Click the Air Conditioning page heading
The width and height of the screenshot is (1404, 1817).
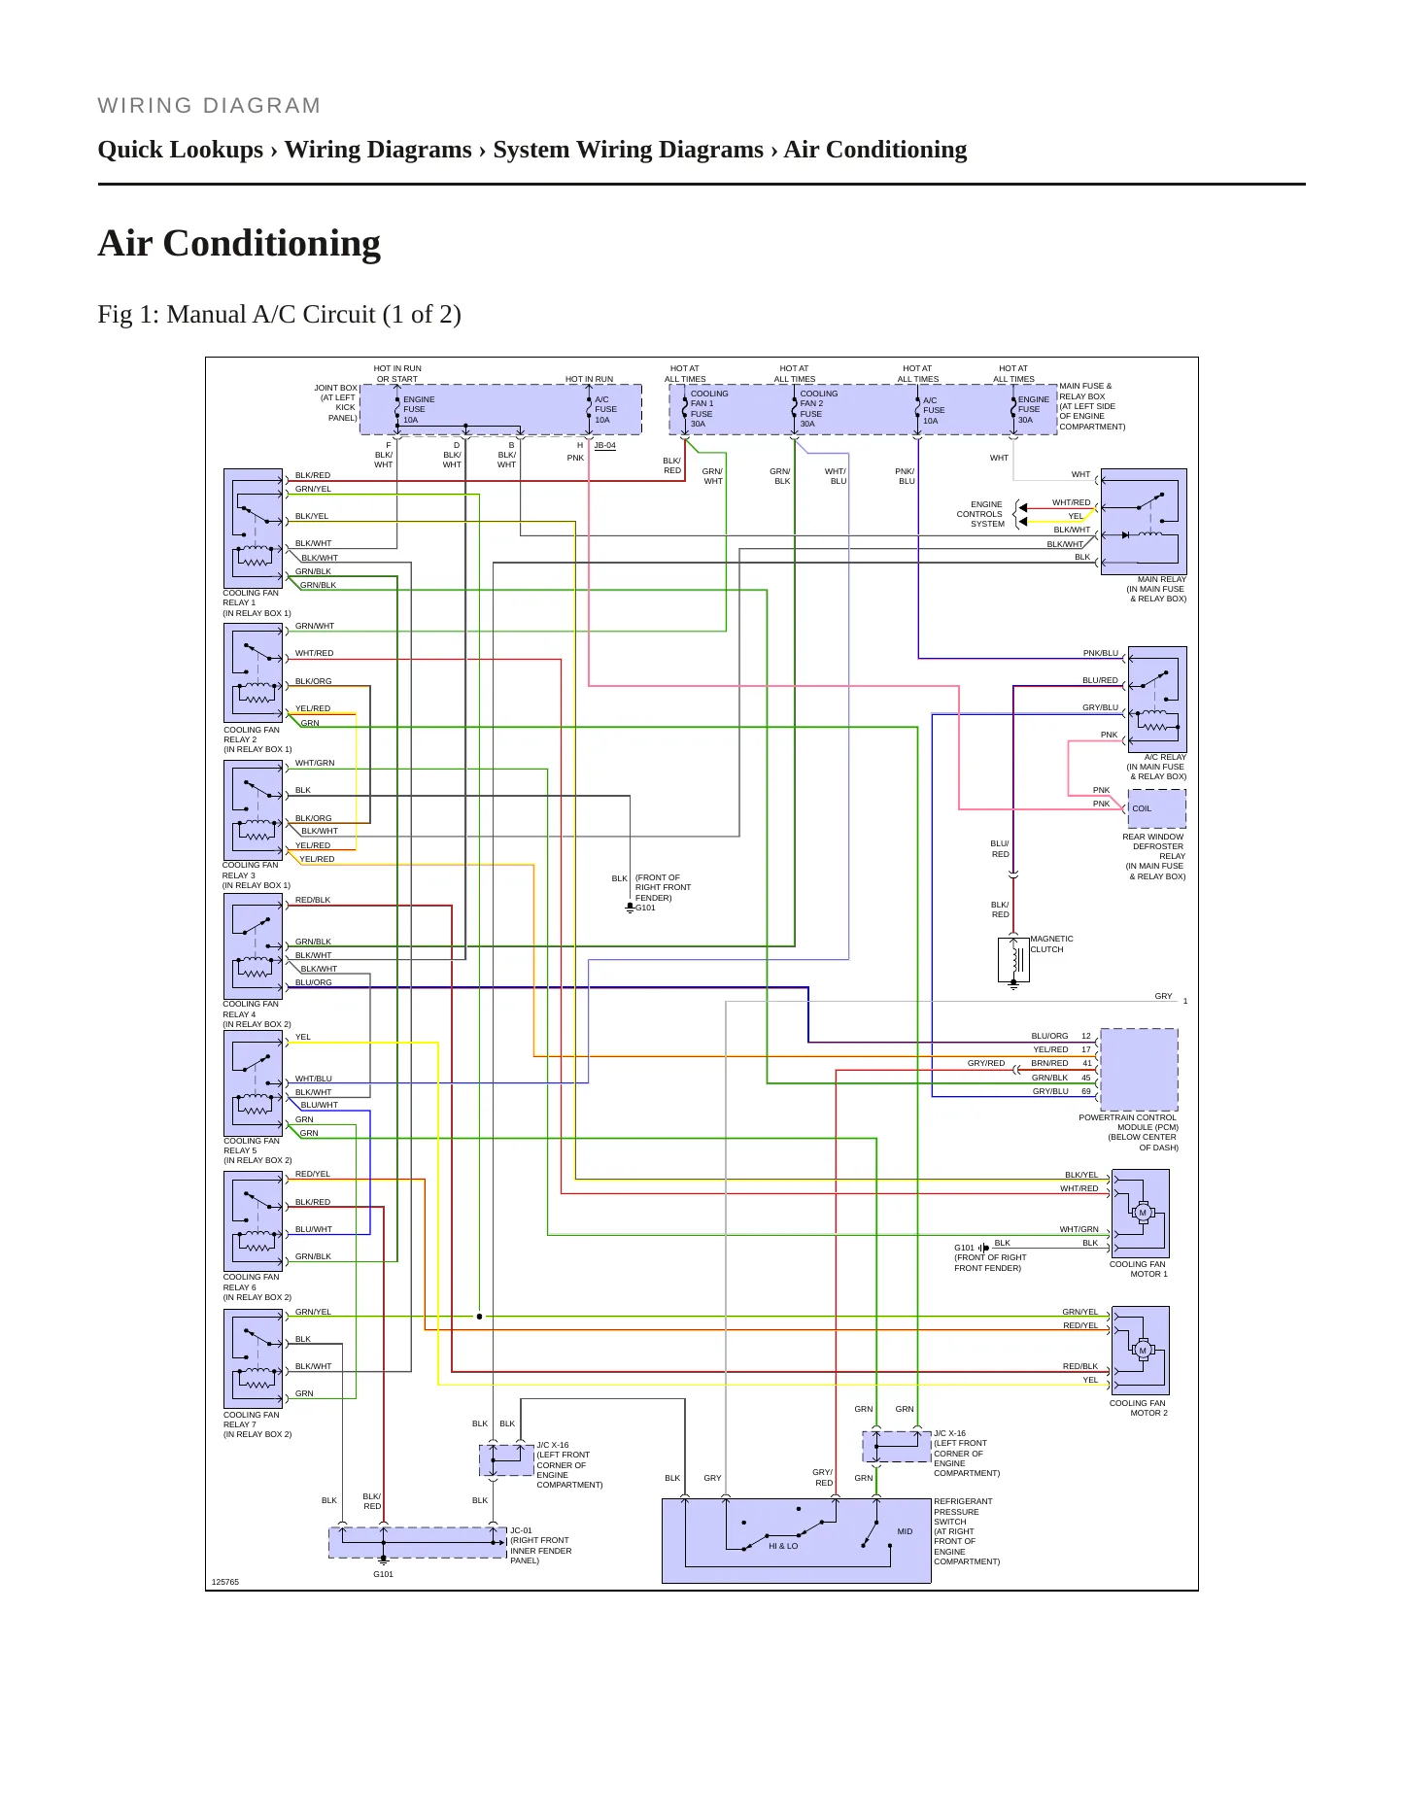click(x=239, y=243)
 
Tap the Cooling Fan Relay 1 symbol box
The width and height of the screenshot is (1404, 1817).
click(x=253, y=529)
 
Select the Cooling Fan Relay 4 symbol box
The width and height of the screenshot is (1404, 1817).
click(x=253, y=945)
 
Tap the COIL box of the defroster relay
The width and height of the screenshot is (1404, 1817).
click(x=1156, y=808)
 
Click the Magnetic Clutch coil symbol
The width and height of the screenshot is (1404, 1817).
click(x=1013, y=960)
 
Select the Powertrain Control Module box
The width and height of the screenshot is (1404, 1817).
click(x=1139, y=1070)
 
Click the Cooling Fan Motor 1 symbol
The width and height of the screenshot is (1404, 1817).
click(x=1141, y=1214)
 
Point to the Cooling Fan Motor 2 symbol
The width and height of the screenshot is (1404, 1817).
click(x=1141, y=1351)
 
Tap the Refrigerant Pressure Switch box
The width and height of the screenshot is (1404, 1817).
click(x=797, y=1541)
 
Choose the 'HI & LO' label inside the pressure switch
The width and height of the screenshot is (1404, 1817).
click(x=783, y=1546)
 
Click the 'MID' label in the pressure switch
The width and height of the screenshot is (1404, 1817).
click(x=905, y=1531)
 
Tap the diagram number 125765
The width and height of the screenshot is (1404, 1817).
click(x=225, y=1582)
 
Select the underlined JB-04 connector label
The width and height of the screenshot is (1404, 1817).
click(x=604, y=446)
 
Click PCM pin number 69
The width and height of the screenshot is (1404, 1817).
click(x=1086, y=1091)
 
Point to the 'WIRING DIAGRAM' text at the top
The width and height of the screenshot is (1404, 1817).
click(x=209, y=106)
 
